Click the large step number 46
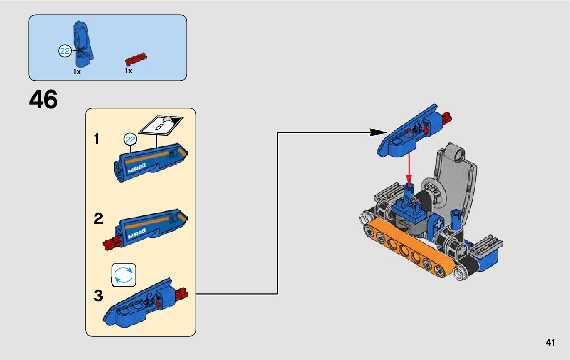point(44,100)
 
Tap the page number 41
point(550,342)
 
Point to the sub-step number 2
point(98,219)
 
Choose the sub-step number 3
point(98,296)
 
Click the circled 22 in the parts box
point(65,51)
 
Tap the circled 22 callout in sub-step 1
point(130,139)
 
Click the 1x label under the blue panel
point(77,72)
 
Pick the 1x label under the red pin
point(129,71)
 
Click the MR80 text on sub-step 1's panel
point(137,169)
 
